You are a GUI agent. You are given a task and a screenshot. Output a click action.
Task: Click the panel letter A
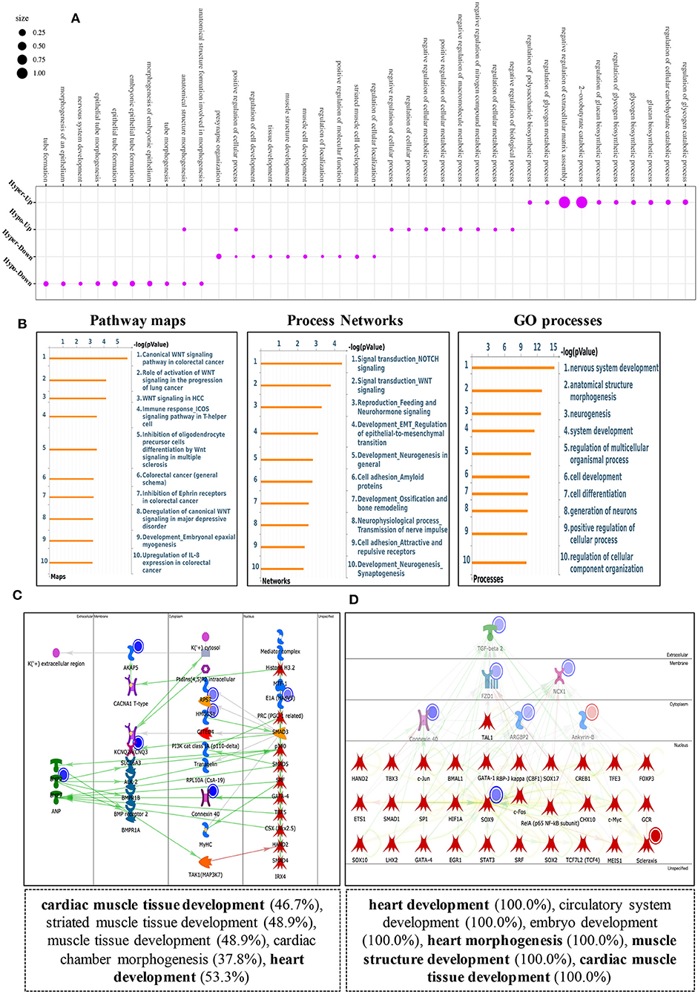[x=76, y=19]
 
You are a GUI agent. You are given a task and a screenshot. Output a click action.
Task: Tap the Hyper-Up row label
[x=21, y=192]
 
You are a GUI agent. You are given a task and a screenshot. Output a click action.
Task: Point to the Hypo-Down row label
[x=18, y=272]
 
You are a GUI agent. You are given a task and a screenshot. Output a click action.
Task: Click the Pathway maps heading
[x=137, y=321]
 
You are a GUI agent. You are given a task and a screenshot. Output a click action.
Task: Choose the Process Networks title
[x=345, y=321]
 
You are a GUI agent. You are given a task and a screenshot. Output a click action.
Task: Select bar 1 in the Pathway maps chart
[x=88, y=358]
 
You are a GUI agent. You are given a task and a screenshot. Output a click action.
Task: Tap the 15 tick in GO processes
[x=553, y=347]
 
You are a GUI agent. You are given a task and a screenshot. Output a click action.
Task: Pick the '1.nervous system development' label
[x=610, y=367]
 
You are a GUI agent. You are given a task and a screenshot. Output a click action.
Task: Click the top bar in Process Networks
[x=301, y=363]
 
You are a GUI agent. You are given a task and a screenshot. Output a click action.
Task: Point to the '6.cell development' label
[x=592, y=477]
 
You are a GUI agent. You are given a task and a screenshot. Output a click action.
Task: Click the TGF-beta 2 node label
[x=490, y=648]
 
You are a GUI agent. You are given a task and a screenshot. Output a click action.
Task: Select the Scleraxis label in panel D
[x=646, y=860]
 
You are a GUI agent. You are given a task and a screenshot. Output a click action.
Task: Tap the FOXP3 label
[x=646, y=779]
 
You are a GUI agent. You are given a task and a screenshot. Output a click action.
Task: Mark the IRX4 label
[x=280, y=877]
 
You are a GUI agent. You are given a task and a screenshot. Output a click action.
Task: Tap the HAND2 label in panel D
[x=360, y=779]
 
